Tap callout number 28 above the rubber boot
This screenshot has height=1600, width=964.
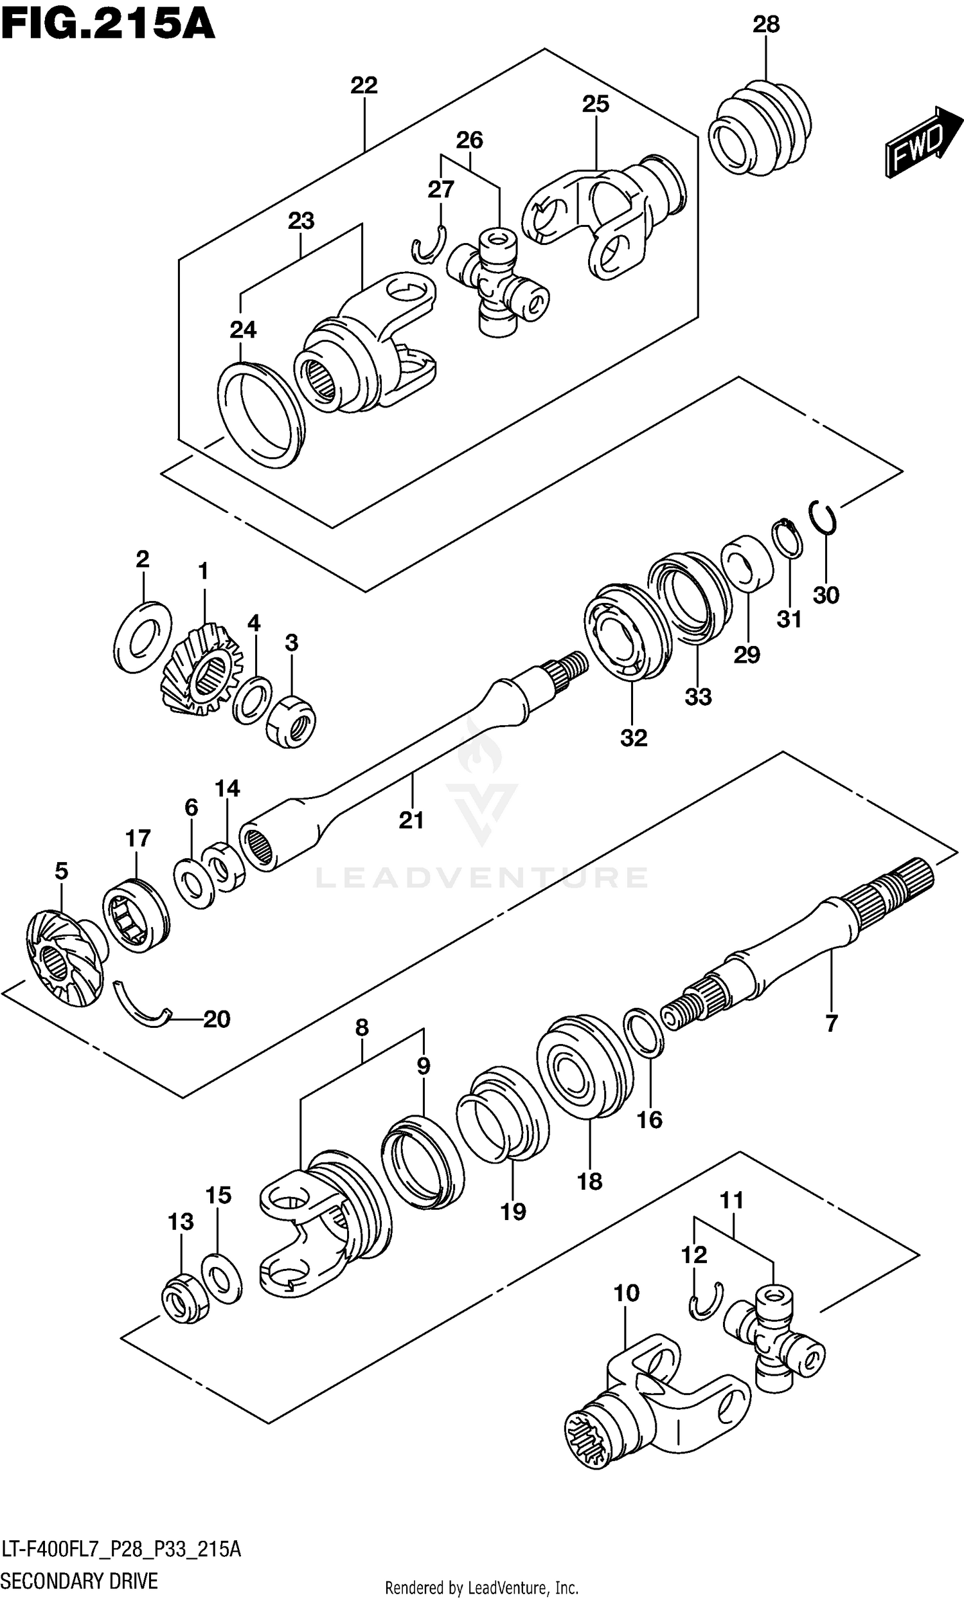point(765,24)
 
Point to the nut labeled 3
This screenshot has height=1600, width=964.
point(291,720)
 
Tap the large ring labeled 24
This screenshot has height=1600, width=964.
point(260,415)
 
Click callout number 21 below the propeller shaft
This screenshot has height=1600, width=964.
point(411,820)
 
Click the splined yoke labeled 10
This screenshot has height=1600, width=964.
point(656,1403)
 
